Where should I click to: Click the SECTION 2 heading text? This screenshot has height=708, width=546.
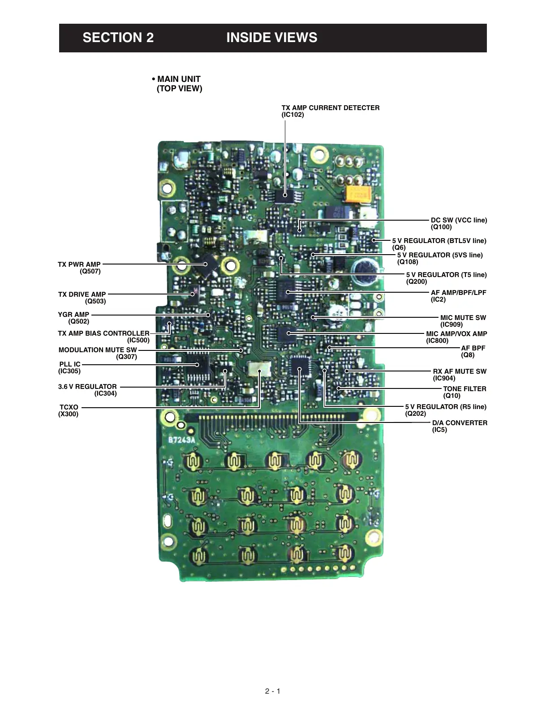click(x=118, y=38)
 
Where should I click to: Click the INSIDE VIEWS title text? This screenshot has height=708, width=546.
click(x=271, y=38)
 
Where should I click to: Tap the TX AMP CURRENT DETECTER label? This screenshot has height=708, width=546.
click(x=330, y=108)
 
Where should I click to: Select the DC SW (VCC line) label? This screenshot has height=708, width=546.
click(x=459, y=220)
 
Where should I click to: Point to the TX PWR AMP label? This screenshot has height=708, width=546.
click(x=79, y=264)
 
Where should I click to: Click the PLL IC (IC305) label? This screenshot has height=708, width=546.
click(x=69, y=367)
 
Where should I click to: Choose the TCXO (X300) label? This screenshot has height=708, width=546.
click(x=69, y=410)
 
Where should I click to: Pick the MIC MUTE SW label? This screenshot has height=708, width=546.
click(x=463, y=318)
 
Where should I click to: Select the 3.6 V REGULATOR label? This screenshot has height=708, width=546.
click(x=87, y=387)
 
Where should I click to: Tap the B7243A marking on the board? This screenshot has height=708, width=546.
click(x=182, y=440)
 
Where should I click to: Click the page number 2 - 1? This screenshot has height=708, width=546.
click(x=272, y=691)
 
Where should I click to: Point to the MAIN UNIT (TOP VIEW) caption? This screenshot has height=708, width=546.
click(x=178, y=84)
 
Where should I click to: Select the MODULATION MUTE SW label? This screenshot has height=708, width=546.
click(x=98, y=350)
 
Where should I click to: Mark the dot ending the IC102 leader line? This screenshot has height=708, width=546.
click(x=285, y=195)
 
